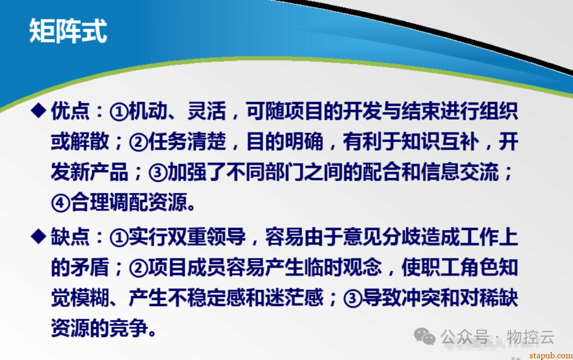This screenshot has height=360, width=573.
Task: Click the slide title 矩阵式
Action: (68, 31)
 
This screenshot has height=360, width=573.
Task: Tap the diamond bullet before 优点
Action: (38, 111)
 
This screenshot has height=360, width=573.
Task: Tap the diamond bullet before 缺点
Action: (38, 236)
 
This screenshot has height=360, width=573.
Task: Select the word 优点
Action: (70, 111)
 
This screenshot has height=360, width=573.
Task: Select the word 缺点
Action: (70, 236)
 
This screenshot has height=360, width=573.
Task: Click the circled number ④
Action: (60, 203)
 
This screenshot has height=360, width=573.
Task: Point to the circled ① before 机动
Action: (119, 112)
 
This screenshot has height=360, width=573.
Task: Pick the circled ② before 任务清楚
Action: (138, 143)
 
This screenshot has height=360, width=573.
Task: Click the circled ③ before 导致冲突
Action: (353, 298)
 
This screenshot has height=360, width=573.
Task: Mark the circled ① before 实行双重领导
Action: (119, 238)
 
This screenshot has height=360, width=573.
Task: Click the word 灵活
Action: (206, 111)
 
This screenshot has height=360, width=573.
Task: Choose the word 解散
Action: (90, 142)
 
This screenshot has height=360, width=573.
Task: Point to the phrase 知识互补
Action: (440, 142)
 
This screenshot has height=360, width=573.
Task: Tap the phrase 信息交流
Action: (459, 172)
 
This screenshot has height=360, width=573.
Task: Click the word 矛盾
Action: (90, 267)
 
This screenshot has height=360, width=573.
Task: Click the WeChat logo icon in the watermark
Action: (424, 336)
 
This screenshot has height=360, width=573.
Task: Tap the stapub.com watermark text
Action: (551, 355)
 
